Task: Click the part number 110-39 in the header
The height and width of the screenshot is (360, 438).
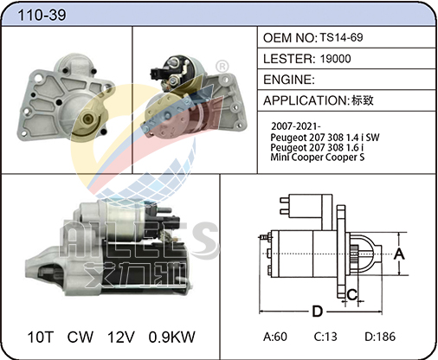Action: (42, 15)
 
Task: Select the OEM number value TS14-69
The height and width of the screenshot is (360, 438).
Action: (341, 37)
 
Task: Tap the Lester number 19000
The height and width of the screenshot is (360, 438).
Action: (335, 59)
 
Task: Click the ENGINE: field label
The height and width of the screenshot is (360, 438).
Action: (289, 80)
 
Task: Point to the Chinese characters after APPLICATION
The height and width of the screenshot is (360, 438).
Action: (363, 100)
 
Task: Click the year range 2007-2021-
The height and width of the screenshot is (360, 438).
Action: (296, 126)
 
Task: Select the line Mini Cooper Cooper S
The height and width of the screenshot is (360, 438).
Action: (318, 157)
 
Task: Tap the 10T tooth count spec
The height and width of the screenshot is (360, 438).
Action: (41, 337)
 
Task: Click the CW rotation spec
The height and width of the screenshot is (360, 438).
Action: (81, 337)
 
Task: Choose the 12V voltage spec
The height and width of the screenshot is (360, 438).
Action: (121, 337)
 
